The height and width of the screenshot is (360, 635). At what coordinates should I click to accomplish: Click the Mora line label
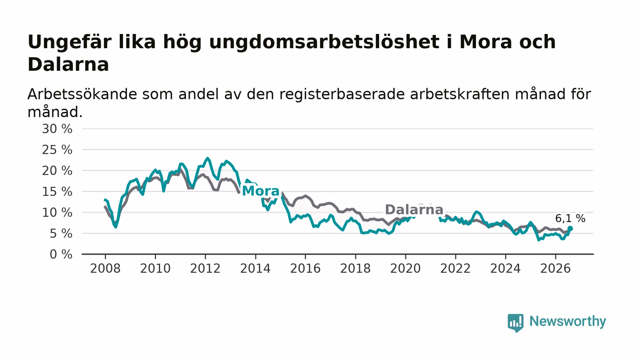pos(261,191)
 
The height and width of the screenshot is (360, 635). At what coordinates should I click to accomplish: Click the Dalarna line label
pos(414,210)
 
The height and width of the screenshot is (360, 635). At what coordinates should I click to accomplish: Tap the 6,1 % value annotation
pos(570,218)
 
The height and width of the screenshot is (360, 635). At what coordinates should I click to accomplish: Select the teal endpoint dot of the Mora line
pos(570,229)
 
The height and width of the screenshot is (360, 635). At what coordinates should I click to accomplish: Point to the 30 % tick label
pos(57,129)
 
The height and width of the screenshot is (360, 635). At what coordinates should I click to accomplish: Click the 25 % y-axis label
pos(57,150)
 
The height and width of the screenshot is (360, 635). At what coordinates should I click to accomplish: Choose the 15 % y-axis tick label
pos(57,192)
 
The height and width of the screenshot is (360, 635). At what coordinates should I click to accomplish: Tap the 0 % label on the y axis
pos(61,254)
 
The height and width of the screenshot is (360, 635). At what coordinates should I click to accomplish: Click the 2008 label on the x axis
pos(105,268)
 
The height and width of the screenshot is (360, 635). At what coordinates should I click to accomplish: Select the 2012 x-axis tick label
pos(205,268)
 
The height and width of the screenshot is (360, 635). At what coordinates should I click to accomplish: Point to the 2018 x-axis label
pos(355,268)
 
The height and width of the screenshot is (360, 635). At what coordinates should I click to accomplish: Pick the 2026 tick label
pos(555,268)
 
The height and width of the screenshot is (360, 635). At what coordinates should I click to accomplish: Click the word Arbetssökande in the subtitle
pos(82,94)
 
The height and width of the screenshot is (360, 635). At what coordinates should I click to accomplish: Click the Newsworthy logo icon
pos(516,323)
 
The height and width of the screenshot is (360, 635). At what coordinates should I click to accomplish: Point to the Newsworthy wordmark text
pos(567,321)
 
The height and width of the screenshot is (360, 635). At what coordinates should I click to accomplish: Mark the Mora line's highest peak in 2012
pos(208,158)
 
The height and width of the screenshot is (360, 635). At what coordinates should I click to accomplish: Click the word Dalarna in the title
pos(68,64)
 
